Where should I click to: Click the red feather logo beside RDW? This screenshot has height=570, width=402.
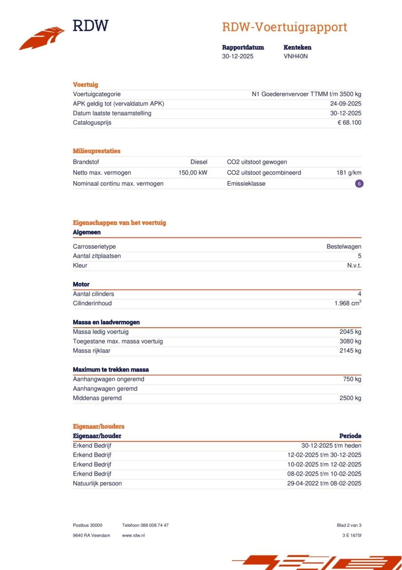click(x=42, y=39)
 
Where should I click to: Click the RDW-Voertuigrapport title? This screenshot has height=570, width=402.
click(x=284, y=27)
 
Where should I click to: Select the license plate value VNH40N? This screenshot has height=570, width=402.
click(x=295, y=57)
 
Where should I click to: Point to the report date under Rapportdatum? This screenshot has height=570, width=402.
click(x=237, y=57)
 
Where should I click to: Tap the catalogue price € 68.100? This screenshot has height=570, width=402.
click(x=349, y=122)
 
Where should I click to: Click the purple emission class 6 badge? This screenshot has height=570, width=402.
click(x=359, y=183)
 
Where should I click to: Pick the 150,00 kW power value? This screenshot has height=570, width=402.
click(x=193, y=173)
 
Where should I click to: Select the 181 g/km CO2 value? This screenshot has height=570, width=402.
click(x=349, y=173)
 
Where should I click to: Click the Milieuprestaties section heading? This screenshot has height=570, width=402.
click(x=96, y=151)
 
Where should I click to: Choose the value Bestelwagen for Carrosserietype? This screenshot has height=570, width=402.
click(x=344, y=246)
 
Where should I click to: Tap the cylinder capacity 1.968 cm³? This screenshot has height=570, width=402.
click(x=348, y=303)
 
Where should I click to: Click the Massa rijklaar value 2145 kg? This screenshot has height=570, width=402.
click(x=350, y=350)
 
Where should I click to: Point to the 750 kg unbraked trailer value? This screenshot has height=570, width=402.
click(x=352, y=379)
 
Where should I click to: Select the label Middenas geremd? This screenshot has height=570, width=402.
click(x=97, y=398)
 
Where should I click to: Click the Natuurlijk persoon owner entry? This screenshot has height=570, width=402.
click(x=97, y=483)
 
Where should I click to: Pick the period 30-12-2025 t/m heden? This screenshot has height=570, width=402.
click(x=331, y=445)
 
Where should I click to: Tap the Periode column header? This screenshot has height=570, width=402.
click(x=350, y=436)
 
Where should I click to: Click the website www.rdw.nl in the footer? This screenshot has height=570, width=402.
click(x=133, y=535)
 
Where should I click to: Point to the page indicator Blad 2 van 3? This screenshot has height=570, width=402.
click(x=349, y=525)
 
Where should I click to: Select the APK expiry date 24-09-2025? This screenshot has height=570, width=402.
click(x=342, y=104)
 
